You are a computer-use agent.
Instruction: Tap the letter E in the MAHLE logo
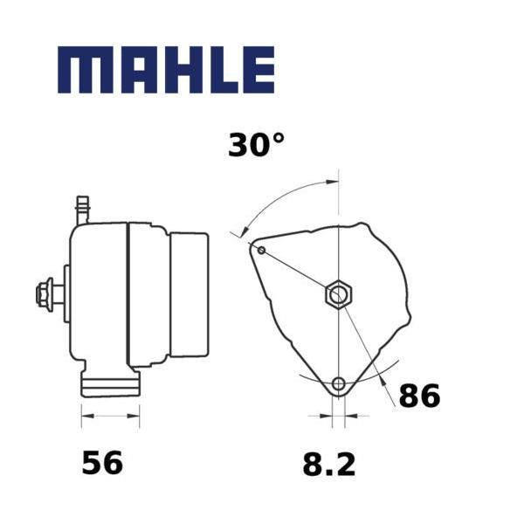pos(259,70)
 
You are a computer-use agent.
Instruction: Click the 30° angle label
pos(256,145)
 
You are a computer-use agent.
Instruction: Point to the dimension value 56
pos(102,462)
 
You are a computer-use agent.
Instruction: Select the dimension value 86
pos(419,396)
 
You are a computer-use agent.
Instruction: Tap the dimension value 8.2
pos(329,465)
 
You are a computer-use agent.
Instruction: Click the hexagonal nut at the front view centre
pos(339,295)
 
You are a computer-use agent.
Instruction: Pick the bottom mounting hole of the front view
pos(339,383)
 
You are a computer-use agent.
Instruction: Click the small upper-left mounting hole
pos(262,251)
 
